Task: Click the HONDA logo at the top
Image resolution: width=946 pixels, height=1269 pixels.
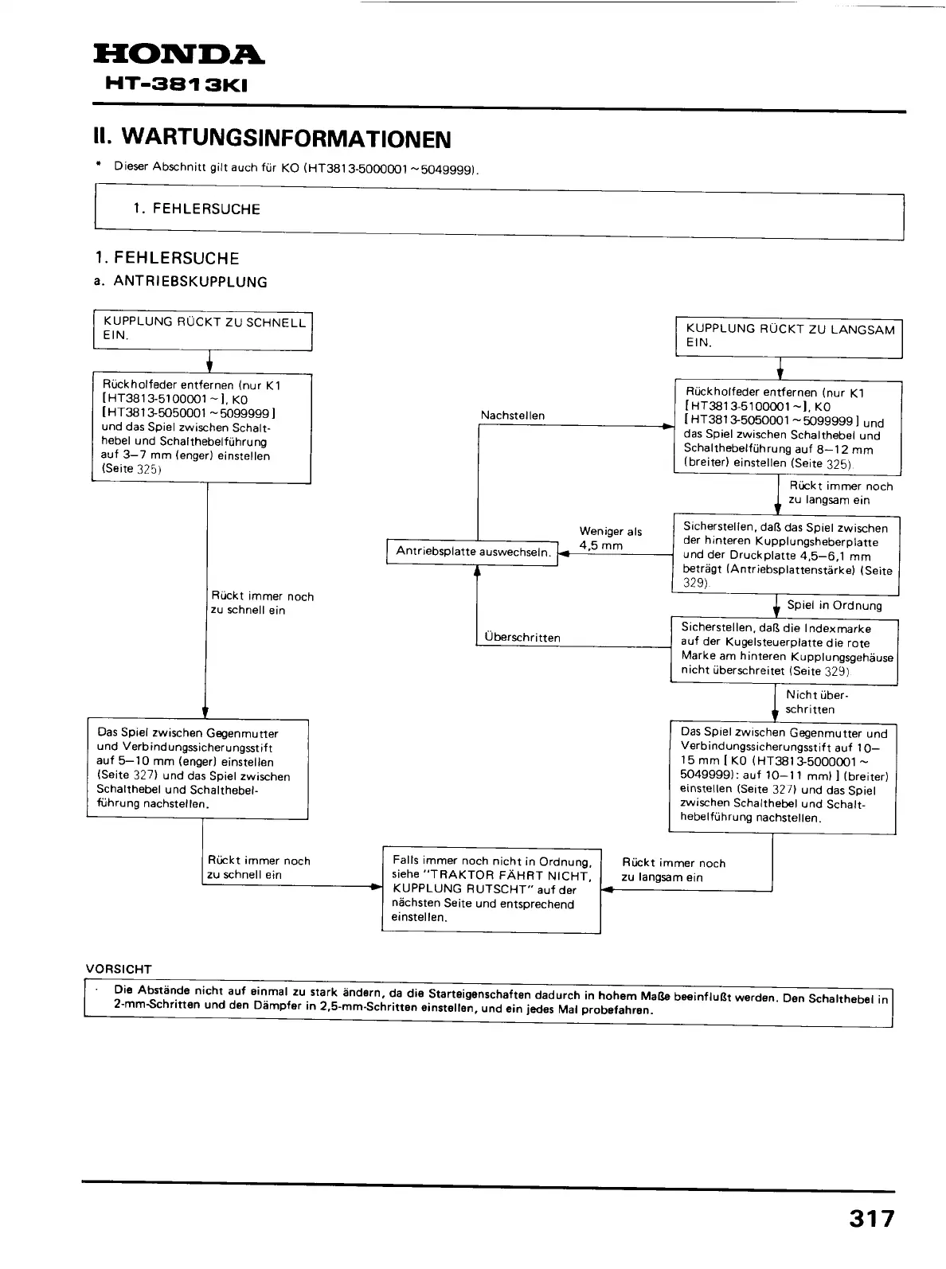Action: (178, 55)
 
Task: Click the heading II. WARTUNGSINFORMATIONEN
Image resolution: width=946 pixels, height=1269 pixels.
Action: (272, 139)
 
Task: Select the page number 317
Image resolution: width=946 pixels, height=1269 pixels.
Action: (871, 1219)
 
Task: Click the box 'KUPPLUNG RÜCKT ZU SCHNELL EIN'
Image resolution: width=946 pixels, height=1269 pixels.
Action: (202, 330)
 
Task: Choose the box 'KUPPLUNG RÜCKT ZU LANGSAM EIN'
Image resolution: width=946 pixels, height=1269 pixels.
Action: (788, 337)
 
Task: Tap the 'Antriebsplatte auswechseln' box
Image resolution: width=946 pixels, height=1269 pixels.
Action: (472, 552)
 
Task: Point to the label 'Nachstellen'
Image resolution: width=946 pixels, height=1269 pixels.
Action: (513, 416)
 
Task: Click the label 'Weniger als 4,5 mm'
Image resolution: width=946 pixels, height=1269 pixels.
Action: (610, 539)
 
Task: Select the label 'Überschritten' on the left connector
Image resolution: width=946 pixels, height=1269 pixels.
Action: (522, 638)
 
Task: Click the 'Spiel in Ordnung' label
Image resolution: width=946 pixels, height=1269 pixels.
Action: (835, 605)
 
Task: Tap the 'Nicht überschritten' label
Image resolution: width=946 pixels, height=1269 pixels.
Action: (811, 702)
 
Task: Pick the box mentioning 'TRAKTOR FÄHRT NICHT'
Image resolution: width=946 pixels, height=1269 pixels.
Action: (491, 889)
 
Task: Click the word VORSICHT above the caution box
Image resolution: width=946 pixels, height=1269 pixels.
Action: (119, 969)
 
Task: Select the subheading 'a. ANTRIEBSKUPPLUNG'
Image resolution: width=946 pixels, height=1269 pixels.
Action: (181, 282)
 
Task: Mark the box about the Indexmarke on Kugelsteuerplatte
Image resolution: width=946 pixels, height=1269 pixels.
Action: (784, 650)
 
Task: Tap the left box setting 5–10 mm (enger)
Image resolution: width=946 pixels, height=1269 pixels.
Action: (197, 768)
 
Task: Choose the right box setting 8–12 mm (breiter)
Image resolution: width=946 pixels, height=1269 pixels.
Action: (788, 428)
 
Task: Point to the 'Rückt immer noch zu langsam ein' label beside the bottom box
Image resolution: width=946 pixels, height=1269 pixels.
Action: (674, 870)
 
